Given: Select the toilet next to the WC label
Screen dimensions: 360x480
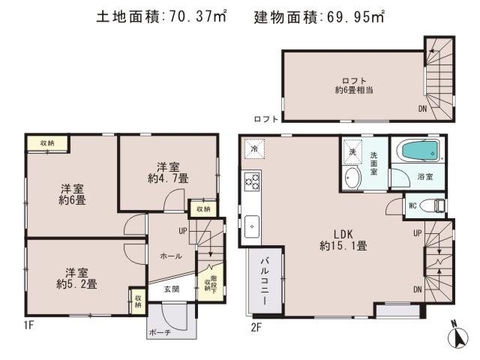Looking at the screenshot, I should [x=430, y=205].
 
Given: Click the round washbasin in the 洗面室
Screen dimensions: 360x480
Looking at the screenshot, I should [x=352, y=177].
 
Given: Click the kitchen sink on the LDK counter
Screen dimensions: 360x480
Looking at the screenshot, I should [x=252, y=224].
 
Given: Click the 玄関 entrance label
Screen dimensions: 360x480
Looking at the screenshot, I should [x=171, y=289].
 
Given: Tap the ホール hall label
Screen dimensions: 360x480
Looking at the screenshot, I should [x=171, y=256].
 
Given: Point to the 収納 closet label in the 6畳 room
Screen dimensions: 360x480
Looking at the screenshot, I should [x=47, y=142].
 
